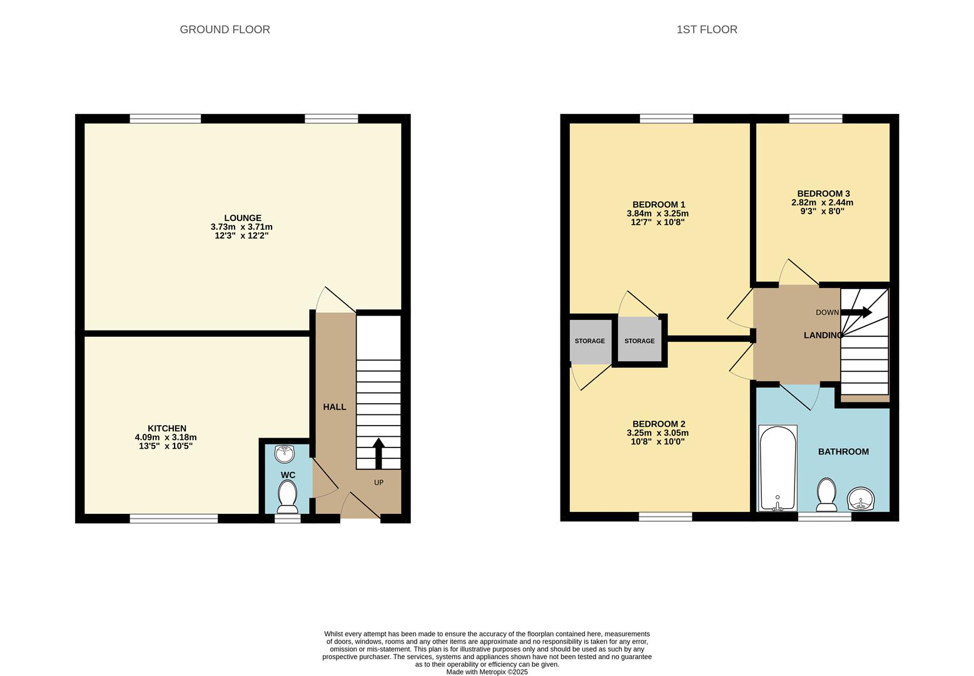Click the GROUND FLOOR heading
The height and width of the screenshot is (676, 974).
[x=225, y=29]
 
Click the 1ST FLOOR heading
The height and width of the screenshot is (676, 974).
[x=706, y=29]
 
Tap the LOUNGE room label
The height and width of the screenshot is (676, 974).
[x=243, y=218]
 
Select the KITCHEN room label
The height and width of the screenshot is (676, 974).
[x=166, y=429]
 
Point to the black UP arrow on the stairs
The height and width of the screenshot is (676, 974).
[x=378, y=453]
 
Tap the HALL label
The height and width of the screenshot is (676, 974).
[x=334, y=407]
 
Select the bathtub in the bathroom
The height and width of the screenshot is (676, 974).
[x=778, y=468]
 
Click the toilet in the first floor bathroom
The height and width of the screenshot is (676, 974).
[x=826, y=495]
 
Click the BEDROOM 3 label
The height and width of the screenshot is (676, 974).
[x=823, y=194]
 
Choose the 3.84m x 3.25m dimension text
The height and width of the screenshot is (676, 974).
[x=657, y=213]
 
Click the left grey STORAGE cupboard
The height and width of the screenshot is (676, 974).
[x=590, y=341]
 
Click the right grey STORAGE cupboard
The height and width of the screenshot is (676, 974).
[x=639, y=341]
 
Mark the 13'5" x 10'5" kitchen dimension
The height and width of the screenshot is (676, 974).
[x=166, y=446]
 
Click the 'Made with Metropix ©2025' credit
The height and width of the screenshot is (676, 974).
[x=487, y=672]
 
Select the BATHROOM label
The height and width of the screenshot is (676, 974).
[x=843, y=452]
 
